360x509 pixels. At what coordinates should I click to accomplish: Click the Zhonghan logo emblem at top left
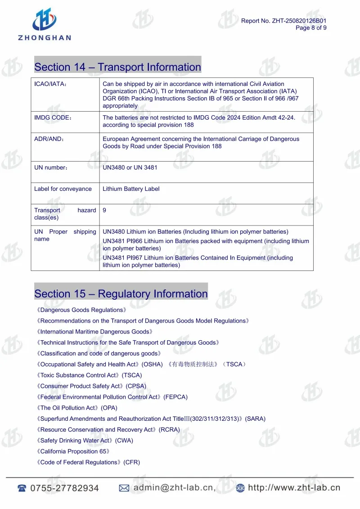[45, 20]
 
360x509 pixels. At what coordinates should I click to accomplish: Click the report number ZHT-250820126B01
[299, 21]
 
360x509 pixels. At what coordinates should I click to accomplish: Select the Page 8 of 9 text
[311, 28]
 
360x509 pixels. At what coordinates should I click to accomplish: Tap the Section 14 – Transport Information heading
[117, 67]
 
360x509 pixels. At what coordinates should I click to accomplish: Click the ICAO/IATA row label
[50, 84]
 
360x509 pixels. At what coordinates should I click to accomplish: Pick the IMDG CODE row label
[53, 118]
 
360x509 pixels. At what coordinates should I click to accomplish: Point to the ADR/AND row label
[49, 139]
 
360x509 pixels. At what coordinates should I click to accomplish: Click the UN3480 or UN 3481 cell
[130, 167]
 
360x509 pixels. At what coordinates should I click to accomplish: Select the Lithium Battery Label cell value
[131, 189]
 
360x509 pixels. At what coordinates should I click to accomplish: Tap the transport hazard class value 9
[104, 210]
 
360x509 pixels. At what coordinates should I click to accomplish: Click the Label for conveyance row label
[63, 189]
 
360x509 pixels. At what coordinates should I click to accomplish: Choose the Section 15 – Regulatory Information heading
[121, 294]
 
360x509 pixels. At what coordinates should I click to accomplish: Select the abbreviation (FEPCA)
[175, 397]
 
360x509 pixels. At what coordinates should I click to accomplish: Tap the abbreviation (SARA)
[255, 419]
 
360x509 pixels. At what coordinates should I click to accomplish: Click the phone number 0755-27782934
[64, 488]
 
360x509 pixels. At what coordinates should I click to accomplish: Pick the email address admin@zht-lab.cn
[174, 488]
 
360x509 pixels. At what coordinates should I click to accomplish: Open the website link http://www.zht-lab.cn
[294, 488]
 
